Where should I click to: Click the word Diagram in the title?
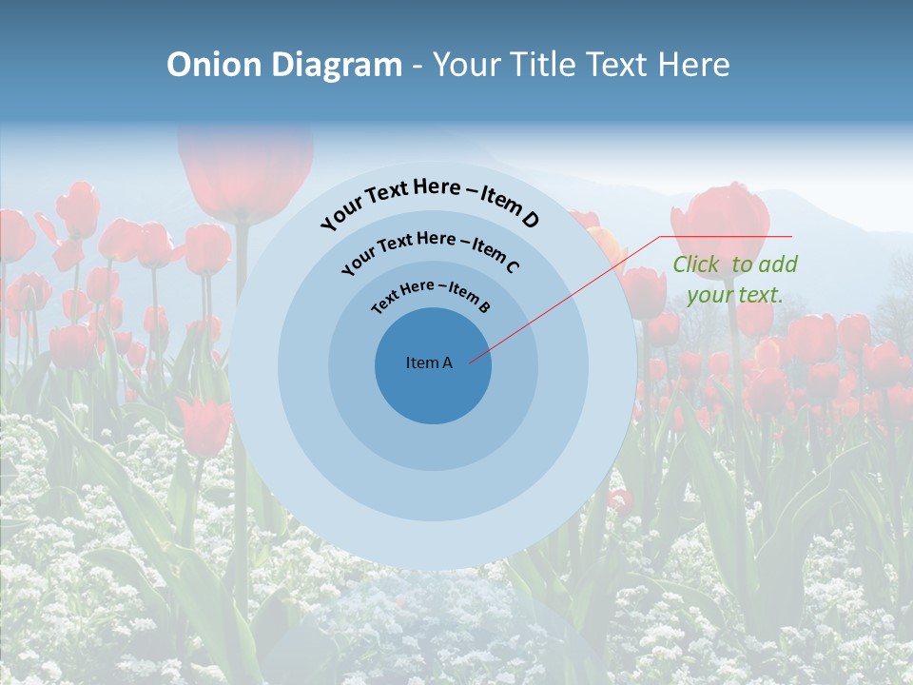pos(337,65)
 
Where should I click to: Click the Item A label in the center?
pos(429,362)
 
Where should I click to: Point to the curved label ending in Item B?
pos(431,292)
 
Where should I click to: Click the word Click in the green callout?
pos(696,264)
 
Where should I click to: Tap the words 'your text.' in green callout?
pos(734,295)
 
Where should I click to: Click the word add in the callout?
pos(778,264)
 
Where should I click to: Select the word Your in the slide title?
pos(469,65)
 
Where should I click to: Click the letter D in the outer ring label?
pos(530,220)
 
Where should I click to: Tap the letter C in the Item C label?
pos(512,265)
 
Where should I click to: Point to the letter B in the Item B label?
pos(484,307)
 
